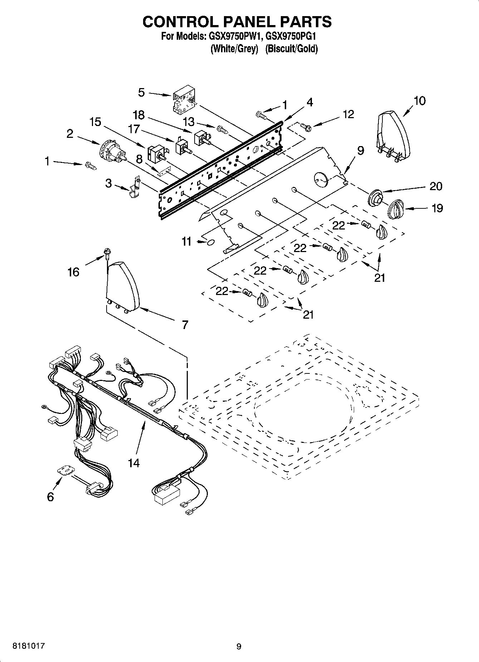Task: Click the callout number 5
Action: click(x=142, y=93)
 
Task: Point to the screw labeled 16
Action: click(x=106, y=252)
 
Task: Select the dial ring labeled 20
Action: click(x=376, y=197)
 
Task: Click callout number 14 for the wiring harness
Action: click(x=133, y=463)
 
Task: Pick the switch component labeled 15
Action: click(x=155, y=153)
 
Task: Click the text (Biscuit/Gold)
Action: click(x=291, y=49)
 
